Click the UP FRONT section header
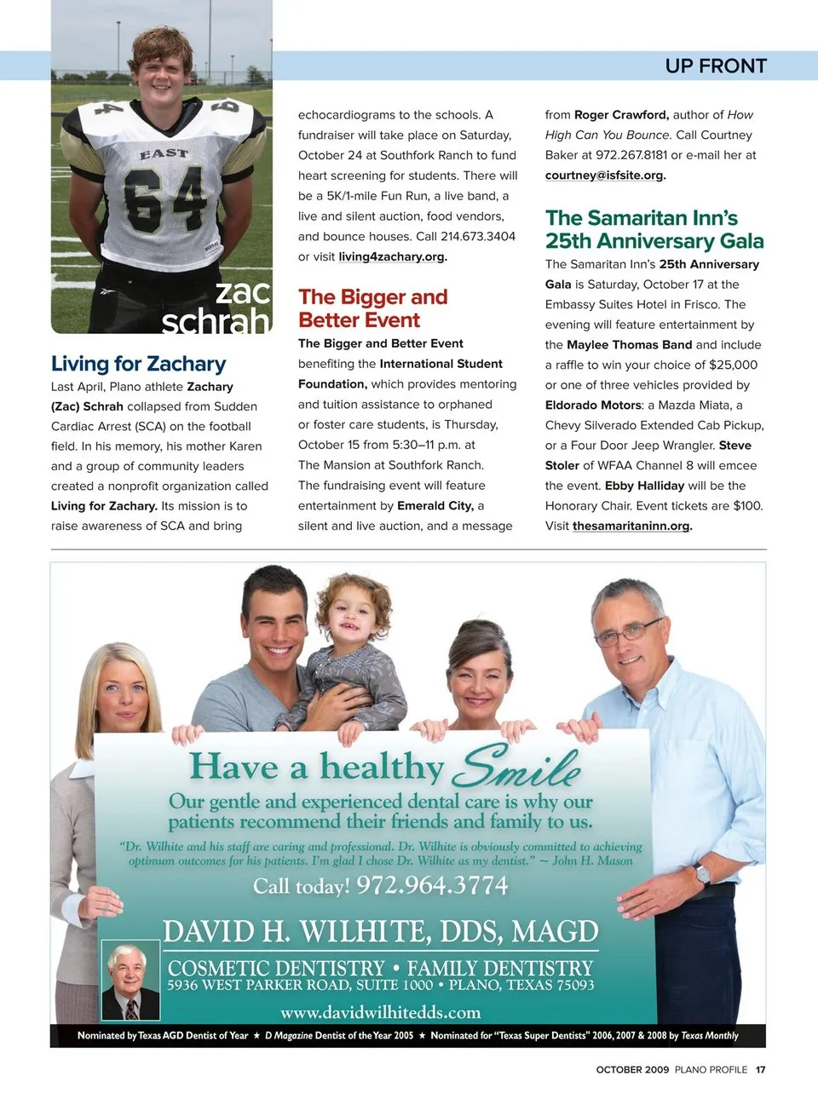click(716, 66)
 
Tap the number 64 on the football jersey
click(164, 199)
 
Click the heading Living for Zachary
click(138, 364)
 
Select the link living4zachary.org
click(392, 256)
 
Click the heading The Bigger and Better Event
click(372, 308)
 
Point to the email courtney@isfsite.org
click(604, 175)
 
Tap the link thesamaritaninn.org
click(631, 526)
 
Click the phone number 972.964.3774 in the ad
click(432, 886)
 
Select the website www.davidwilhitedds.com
click(380, 1012)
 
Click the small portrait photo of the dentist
click(130, 980)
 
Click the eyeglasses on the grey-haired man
click(627, 631)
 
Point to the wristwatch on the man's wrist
click(702, 874)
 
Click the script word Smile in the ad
click(516, 766)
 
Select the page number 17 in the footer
click(760, 1070)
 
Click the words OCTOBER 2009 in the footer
click(632, 1070)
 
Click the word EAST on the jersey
click(164, 153)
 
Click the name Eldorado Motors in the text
click(593, 406)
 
